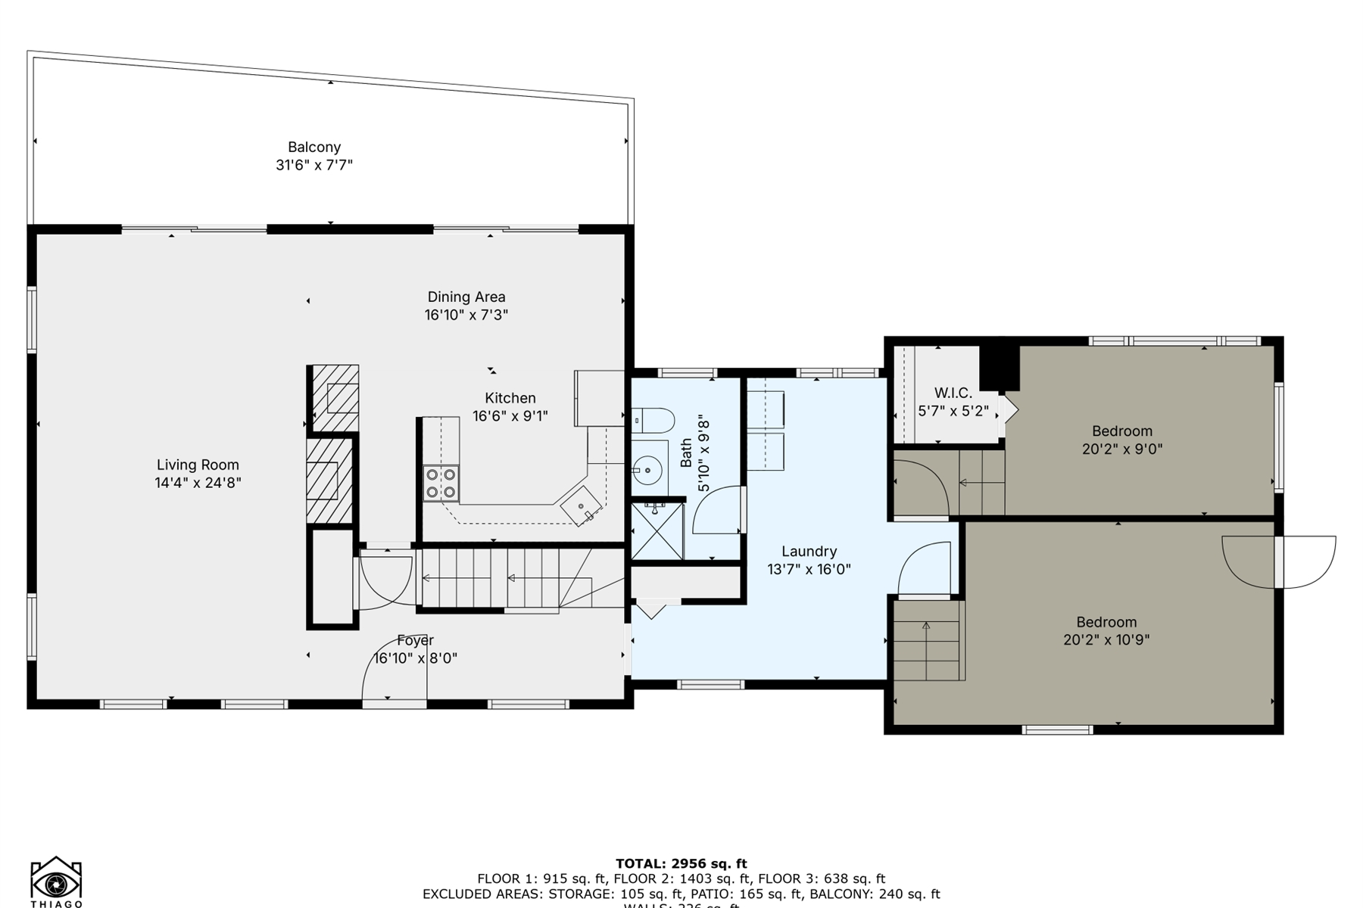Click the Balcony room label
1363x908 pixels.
click(x=314, y=147)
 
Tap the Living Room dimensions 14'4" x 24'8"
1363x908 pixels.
click(x=198, y=483)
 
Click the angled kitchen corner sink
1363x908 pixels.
click(x=581, y=506)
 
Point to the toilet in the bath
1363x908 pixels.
click(x=653, y=419)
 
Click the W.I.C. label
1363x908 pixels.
click(x=953, y=393)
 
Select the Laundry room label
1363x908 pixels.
click(x=809, y=552)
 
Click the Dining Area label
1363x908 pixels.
click(x=466, y=297)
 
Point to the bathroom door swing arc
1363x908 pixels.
click(x=715, y=511)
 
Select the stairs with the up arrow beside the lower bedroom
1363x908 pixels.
click(x=927, y=640)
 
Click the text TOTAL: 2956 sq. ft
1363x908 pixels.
click(x=681, y=863)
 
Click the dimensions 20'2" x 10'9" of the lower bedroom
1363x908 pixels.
click(x=1106, y=640)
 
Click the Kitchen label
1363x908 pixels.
click(x=510, y=398)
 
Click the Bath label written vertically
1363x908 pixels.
click(x=686, y=452)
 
